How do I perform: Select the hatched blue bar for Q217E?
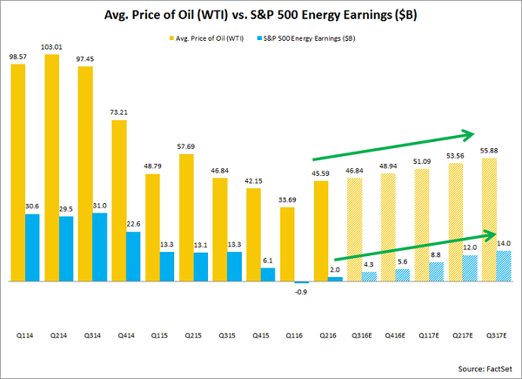[x=445, y=268]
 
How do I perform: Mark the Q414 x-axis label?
[x=126, y=334]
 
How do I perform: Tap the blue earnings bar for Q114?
[x=31, y=248]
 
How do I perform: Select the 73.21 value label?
[x=126, y=112]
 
